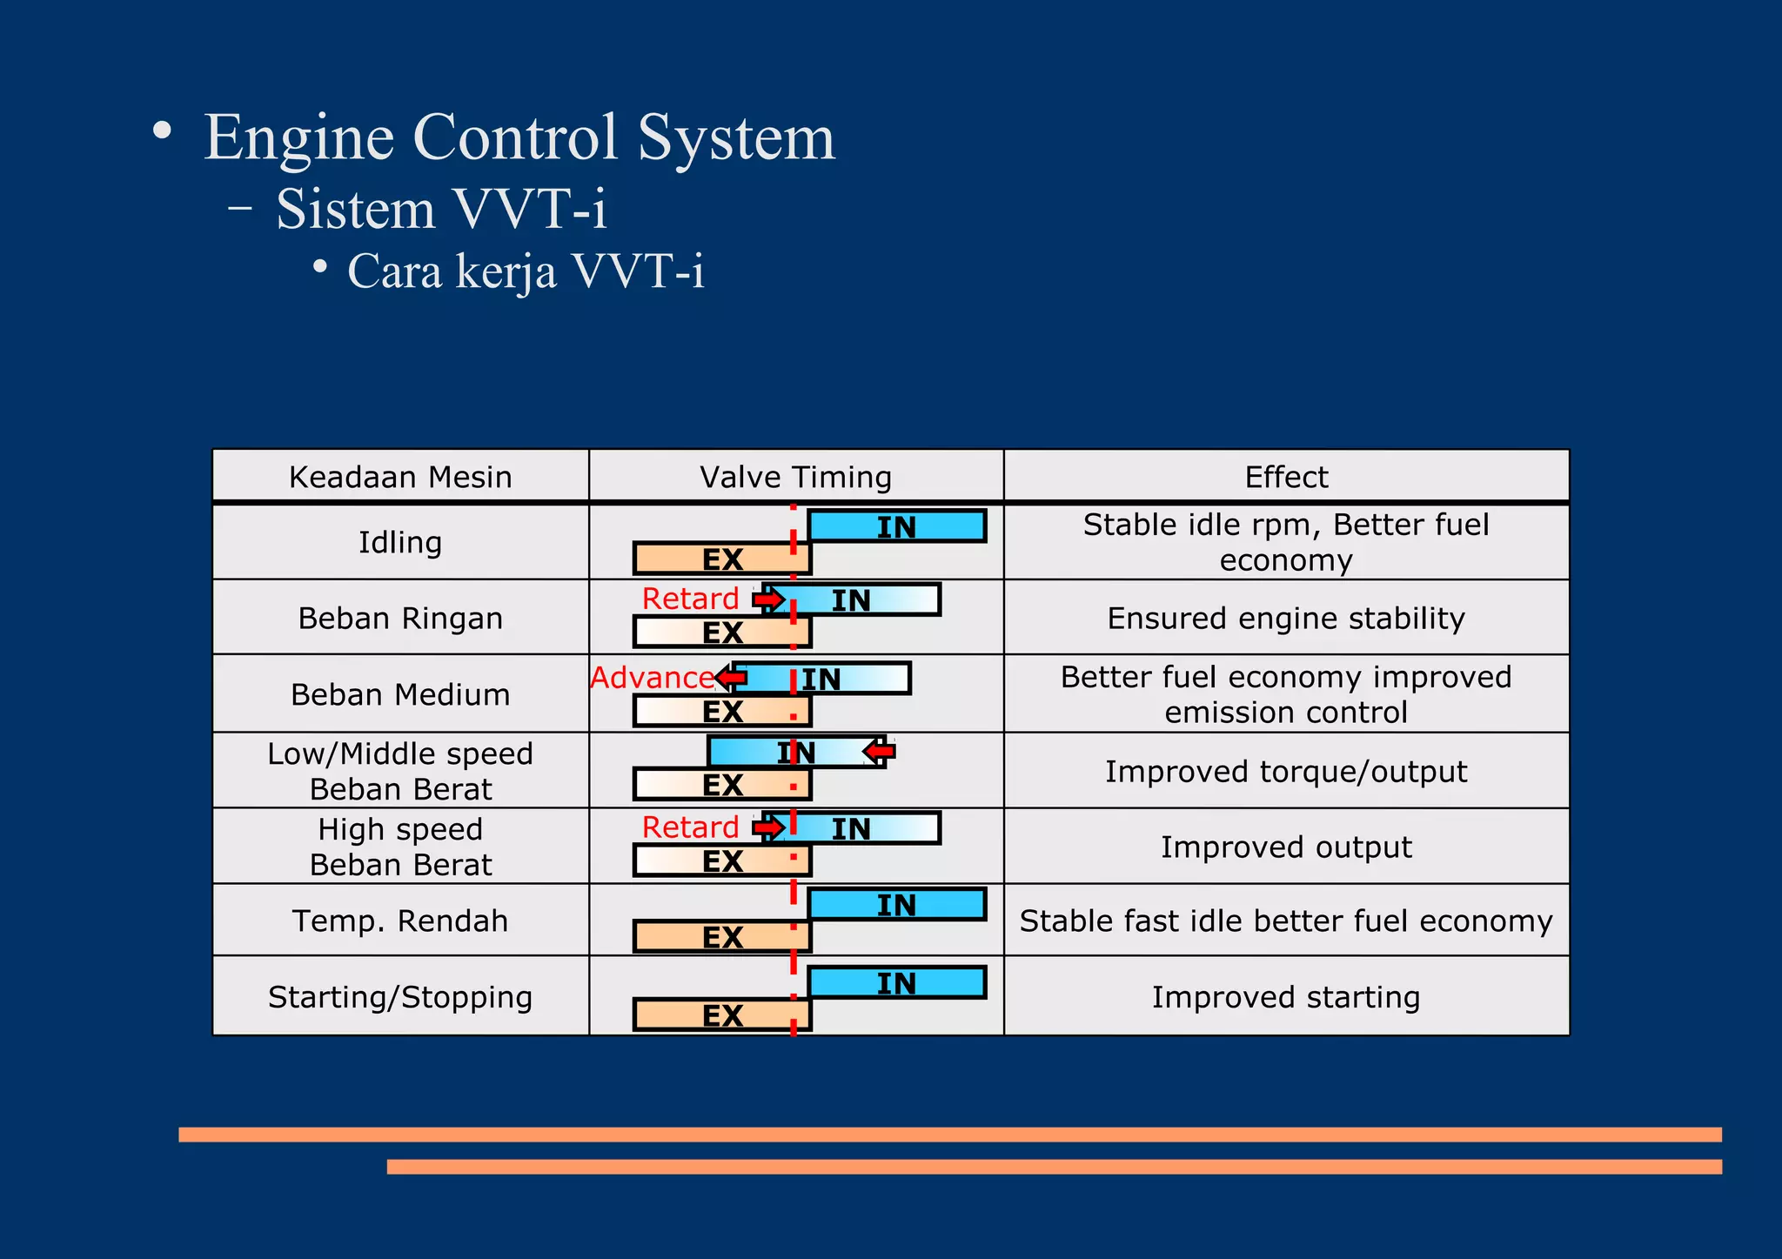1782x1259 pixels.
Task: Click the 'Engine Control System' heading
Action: coord(519,137)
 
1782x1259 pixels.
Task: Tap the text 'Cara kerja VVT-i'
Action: coord(526,271)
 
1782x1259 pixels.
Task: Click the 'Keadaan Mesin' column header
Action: coord(400,477)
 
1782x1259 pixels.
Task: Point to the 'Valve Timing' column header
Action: coord(795,477)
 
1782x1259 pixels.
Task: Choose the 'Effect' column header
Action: coord(1286,477)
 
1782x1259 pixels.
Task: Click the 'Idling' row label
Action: coord(400,542)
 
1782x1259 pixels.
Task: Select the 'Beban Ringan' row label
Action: coord(400,618)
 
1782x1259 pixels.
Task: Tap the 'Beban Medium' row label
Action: coord(400,694)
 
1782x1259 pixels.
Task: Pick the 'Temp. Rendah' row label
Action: coord(400,921)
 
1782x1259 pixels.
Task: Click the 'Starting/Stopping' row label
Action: coord(400,996)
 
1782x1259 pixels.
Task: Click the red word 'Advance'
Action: coord(653,678)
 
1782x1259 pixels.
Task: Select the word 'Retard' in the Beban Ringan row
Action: coord(690,599)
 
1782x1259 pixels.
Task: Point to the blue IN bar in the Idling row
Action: coord(896,526)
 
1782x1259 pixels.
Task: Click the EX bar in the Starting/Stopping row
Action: coord(722,1015)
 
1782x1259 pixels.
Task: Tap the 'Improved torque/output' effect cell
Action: coord(1286,772)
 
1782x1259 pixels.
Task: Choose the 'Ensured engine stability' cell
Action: coord(1286,618)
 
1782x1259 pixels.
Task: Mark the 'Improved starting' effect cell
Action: coord(1286,996)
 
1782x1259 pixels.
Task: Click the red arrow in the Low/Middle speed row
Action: coord(880,750)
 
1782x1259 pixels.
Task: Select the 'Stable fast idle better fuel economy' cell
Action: coord(1286,921)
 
